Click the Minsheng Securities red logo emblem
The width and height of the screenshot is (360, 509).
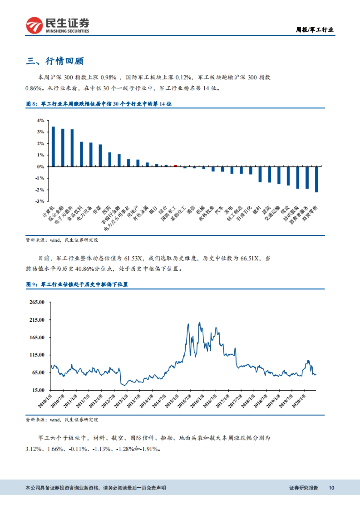point(34,25)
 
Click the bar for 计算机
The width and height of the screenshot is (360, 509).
point(53,147)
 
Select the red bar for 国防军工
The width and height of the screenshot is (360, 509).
point(175,165)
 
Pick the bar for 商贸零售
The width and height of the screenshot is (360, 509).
point(316,179)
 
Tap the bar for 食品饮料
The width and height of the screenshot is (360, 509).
point(82,154)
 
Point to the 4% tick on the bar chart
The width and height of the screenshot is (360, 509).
point(40,121)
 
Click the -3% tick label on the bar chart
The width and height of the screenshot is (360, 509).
point(40,201)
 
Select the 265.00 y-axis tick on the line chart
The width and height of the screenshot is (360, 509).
point(37,302)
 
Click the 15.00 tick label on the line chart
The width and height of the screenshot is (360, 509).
point(38,390)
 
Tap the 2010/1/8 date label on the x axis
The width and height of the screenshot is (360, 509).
point(44,401)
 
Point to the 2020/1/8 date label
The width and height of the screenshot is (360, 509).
point(298,401)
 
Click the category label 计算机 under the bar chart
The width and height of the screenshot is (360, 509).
point(48,212)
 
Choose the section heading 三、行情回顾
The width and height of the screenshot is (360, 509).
point(55,61)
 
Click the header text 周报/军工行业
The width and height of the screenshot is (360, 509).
point(314,30)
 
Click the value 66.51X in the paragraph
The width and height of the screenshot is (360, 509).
point(249,258)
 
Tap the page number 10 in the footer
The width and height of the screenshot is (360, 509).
point(331,488)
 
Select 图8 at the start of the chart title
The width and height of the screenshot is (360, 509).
point(31,104)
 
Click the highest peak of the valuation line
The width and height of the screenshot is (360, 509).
point(199,322)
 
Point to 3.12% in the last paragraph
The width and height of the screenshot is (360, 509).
point(33,449)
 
